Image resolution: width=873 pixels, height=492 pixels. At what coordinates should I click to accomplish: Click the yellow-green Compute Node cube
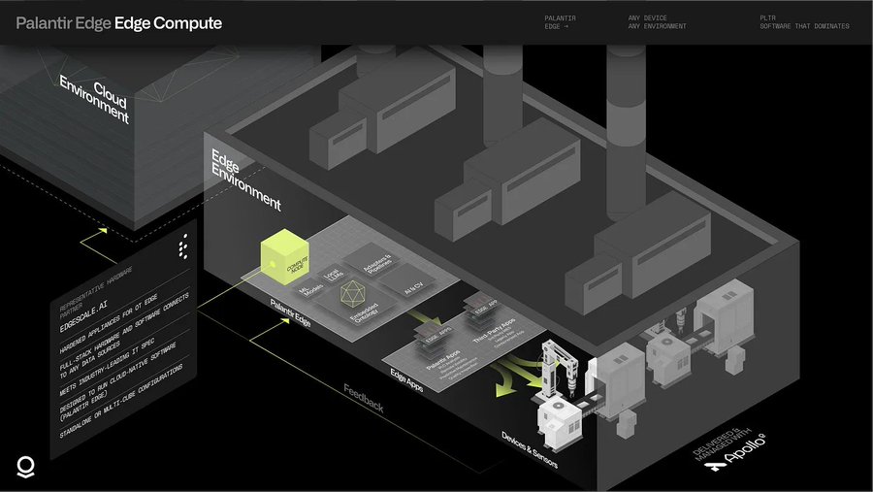pos(289,256)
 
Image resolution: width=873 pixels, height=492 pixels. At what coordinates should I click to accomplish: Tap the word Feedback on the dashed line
pos(364,399)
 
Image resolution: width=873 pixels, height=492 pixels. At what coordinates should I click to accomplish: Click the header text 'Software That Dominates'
pos(804,26)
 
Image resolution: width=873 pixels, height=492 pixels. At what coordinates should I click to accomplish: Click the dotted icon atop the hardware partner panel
pos(183,249)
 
